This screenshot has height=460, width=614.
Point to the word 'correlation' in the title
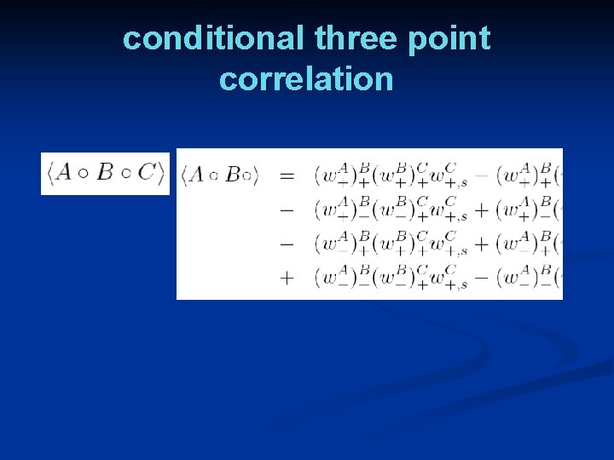(x=306, y=79)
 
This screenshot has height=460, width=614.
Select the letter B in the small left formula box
(x=105, y=172)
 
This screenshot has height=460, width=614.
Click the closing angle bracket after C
(x=160, y=173)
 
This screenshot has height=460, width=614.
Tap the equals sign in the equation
(x=287, y=176)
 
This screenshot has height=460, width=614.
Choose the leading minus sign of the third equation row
(x=287, y=244)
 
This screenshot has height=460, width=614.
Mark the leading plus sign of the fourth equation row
(x=287, y=278)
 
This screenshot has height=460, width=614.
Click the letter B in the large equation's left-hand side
(x=232, y=176)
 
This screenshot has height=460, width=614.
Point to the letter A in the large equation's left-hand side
(x=196, y=176)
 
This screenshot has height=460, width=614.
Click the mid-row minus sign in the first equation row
(x=481, y=176)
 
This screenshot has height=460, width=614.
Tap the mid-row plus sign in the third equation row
(x=481, y=244)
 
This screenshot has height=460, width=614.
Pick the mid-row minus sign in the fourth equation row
(x=481, y=278)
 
